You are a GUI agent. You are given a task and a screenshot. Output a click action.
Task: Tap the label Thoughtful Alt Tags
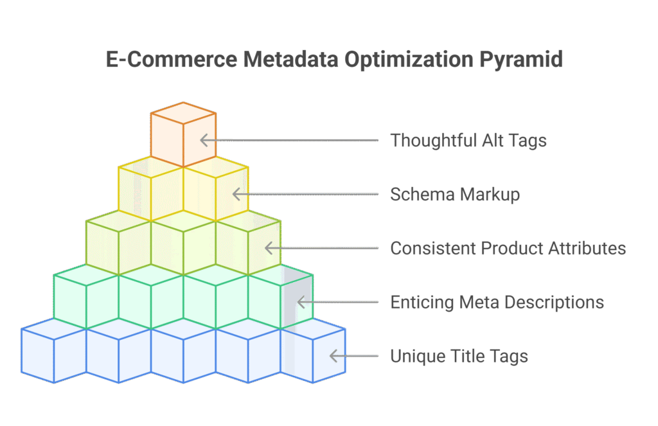pos(468,140)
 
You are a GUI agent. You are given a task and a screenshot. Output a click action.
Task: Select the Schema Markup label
pos(455,194)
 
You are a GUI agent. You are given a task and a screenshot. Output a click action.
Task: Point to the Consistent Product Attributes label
pos(508,248)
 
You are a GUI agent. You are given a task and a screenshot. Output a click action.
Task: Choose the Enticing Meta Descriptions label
pos(497,302)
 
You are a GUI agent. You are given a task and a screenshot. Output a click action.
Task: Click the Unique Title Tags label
pos(459,356)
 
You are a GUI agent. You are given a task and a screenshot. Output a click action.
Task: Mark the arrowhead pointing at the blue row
pos(333,356)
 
